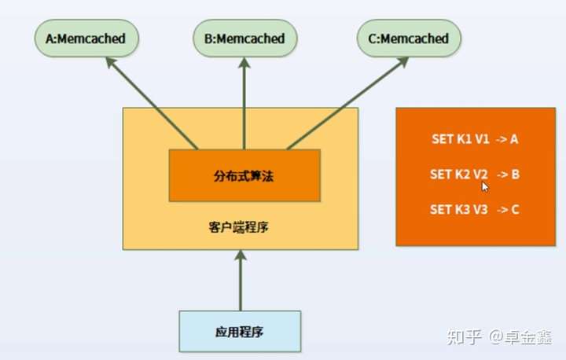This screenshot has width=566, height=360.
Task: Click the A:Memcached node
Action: pyautogui.click(x=86, y=39)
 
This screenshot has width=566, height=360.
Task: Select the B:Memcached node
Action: pyautogui.click(x=244, y=39)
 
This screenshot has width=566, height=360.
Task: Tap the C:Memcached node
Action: pyautogui.click(x=409, y=39)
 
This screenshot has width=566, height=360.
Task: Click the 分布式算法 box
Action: pyautogui.click(x=244, y=175)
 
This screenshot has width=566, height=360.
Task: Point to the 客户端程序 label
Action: pyautogui.click(x=239, y=227)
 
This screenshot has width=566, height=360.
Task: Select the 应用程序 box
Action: pyautogui.click(x=240, y=331)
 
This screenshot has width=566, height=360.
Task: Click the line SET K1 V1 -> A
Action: pyautogui.click(x=475, y=139)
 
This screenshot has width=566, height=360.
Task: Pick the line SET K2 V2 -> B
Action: pyautogui.click(x=475, y=174)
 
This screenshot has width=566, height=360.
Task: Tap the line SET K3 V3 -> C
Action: pyautogui.click(x=475, y=209)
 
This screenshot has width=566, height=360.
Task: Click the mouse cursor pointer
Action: pyautogui.click(x=485, y=187)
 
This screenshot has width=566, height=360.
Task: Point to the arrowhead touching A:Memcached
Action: pyautogui.click(x=111, y=62)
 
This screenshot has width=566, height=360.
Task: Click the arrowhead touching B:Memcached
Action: pyautogui.click(x=244, y=63)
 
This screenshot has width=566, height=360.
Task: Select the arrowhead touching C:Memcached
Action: pyautogui.click(x=402, y=62)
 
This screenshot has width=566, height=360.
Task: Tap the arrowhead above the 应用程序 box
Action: pyautogui.click(x=240, y=255)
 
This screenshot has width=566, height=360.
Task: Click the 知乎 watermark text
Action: pyautogui.click(x=465, y=337)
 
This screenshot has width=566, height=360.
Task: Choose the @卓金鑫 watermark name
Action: pyautogui.click(x=520, y=337)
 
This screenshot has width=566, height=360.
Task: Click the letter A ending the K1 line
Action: pyautogui.click(x=514, y=139)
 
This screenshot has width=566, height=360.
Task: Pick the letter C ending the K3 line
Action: pyautogui.click(x=515, y=209)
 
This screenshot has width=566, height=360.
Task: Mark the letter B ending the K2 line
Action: pyautogui.click(x=516, y=174)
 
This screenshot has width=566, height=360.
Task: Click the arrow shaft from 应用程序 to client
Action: pyautogui.click(x=241, y=285)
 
